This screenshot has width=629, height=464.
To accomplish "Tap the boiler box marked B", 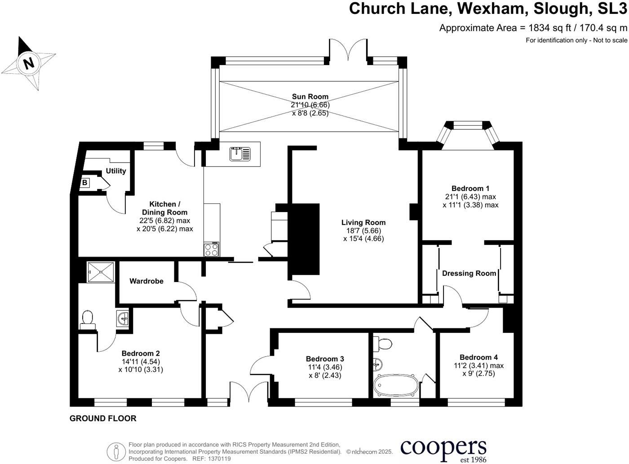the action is [x=84, y=183].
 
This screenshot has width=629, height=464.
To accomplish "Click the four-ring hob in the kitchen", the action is [x=212, y=249].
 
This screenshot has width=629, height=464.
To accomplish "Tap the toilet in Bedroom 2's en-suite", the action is [x=88, y=319].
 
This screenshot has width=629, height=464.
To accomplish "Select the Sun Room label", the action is [x=310, y=97].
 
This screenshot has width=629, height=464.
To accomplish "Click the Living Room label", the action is [x=363, y=222].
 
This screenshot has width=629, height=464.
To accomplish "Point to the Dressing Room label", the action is [x=469, y=273].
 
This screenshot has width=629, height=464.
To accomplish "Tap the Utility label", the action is [x=115, y=171].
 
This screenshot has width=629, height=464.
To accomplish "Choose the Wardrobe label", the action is [x=146, y=281].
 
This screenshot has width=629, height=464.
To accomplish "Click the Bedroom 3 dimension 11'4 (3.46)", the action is [x=325, y=367].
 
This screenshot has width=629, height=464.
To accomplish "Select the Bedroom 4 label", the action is [x=478, y=358].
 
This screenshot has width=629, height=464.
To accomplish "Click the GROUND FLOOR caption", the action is [x=103, y=418].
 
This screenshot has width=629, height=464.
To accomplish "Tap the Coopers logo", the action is [x=443, y=448].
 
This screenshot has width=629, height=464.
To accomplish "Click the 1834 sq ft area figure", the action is [x=549, y=28].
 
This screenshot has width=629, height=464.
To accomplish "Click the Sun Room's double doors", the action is [x=348, y=50].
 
